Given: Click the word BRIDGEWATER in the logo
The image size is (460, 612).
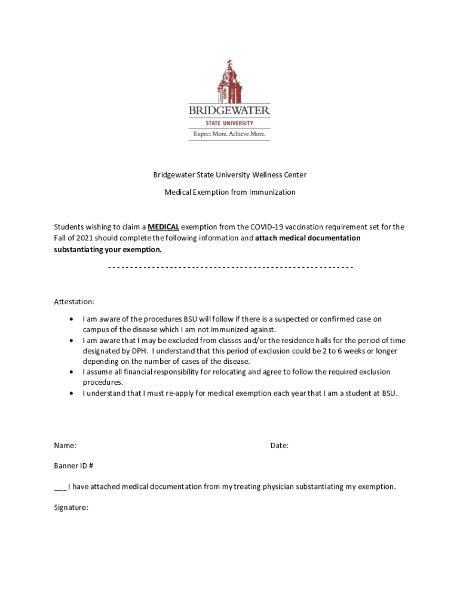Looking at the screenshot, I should [229, 111].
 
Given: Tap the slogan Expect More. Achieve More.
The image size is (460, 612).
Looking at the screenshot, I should [229, 134].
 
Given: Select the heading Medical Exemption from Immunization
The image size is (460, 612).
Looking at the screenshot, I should [230, 192].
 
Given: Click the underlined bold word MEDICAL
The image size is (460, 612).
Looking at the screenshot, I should [163, 227].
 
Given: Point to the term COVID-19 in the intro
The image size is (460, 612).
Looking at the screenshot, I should [269, 227].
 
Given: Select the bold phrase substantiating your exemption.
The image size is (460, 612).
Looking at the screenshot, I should [108, 249].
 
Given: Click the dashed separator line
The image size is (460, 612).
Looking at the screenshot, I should [231, 267].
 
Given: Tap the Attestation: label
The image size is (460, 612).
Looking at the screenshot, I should [74, 302].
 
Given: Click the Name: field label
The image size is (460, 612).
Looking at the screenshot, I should [65, 445].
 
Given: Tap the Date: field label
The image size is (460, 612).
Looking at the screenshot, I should [280, 445].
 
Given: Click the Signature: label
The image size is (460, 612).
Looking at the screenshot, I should [71, 507].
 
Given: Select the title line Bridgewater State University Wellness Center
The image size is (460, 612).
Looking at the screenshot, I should [230, 175].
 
